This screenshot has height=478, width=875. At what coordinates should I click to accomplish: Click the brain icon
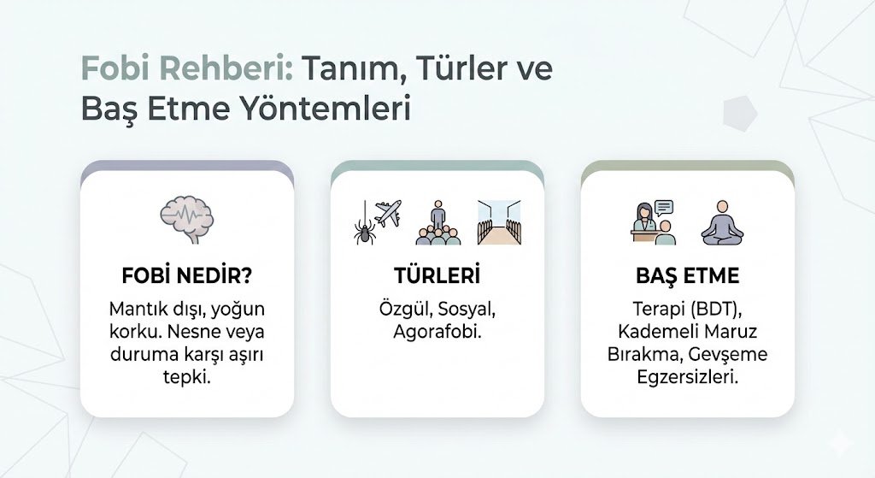(x=187, y=219)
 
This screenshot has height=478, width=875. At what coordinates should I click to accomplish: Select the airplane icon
(x=389, y=213)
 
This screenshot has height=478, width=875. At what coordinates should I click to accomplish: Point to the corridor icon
(x=499, y=223)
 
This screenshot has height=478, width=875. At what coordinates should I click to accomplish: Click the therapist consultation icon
(x=654, y=223)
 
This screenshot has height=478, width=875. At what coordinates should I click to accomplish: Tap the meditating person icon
(x=723, y=223)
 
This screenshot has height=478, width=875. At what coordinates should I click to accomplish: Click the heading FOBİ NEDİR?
(x=187, y=276)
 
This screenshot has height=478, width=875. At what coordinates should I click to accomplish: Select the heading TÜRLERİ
(x=437, y=275)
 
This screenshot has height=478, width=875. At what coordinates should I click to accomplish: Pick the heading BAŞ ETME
(x=688, y=276)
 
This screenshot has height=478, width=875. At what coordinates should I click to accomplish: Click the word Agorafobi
(x=437, y=333)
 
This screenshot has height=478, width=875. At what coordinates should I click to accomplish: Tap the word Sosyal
(x=467, y=310)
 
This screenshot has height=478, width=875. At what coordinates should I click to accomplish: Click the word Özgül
(x=406, y=309)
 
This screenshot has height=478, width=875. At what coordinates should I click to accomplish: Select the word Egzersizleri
(x=688, y=377)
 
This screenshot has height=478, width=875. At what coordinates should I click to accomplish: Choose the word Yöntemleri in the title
(x=326, y=109)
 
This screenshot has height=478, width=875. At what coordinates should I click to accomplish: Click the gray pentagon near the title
(x=740, y=114)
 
